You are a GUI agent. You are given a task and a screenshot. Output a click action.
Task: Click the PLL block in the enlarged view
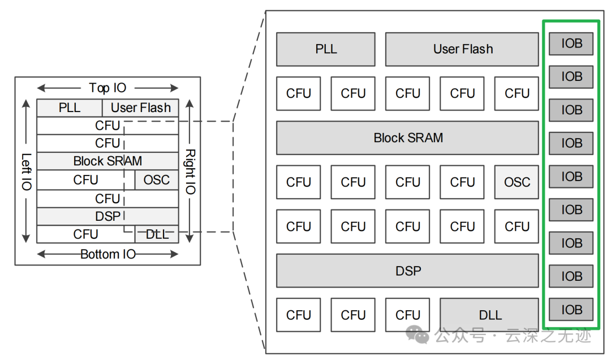click(x=325, y=49)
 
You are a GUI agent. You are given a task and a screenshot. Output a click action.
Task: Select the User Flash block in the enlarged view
click(x=462, y=49)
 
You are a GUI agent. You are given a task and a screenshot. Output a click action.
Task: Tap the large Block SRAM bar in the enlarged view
click(x=407, y=138)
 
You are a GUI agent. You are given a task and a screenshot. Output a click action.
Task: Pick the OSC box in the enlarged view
click(x=517, y=182)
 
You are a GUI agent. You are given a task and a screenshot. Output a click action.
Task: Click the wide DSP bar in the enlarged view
click(x=407, y=271)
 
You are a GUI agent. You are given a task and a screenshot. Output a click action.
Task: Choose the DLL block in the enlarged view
click(x=489, y=315)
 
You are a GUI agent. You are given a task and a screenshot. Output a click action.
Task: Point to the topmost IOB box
click(x=571, y=44)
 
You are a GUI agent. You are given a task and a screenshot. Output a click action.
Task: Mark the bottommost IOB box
click(x=571, y=310)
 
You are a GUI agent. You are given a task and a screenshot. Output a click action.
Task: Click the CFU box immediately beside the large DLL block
click(x=407, y=315)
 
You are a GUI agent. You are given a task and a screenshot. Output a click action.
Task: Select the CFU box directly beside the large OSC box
click(x=462, y=182)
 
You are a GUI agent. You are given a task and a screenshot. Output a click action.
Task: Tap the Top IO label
click(x=107, y=88)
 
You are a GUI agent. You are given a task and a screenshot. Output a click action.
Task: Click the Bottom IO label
click(x=107, y=254)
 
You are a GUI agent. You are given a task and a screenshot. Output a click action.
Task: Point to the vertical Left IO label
click(x=26, y=171)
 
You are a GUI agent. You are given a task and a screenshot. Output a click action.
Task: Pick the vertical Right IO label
click(x=190, y=171)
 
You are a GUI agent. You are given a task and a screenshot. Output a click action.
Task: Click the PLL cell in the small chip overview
click(x=69, y=108)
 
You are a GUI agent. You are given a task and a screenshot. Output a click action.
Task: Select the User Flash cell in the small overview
click(x=140, y=108)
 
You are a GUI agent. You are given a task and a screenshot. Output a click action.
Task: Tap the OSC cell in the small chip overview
click(x=156, y=180)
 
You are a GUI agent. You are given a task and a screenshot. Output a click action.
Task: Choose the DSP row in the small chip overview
click(x=107, y=216)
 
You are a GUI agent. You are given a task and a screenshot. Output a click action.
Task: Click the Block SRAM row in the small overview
click(x=107, y=161)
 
